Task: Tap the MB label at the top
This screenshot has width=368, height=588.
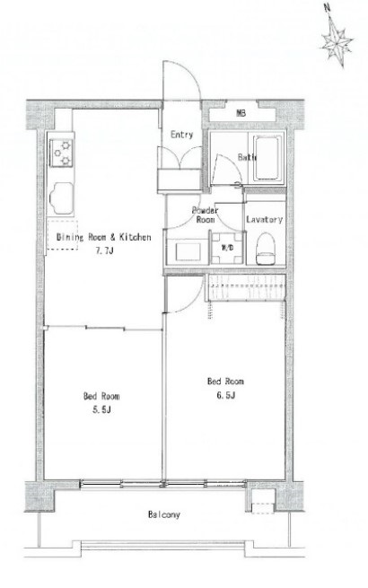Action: click(241, 113)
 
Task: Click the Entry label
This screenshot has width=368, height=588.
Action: click(181, 135)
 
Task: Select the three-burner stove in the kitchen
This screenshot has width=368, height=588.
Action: click(62, 153)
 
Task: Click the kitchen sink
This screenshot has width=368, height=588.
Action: click(61, 198)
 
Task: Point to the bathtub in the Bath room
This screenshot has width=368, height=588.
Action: click(267, 158)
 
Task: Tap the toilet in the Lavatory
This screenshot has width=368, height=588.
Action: click(265, 249)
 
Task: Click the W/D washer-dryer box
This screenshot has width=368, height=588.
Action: click(227, 248)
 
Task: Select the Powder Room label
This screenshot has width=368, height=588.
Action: click(206, 215)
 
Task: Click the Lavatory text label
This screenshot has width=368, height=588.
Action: click(265, 219)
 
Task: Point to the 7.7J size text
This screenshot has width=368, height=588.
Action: click(104, 251)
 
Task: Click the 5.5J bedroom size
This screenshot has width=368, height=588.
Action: click(101, 410)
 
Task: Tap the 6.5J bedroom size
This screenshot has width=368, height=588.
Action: click(226, 395)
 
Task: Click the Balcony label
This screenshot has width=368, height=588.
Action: click(164, 514)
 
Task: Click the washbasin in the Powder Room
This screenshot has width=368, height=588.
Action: click(188, 251)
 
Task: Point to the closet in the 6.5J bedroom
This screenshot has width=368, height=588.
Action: click(246, 288)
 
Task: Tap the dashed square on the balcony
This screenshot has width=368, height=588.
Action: click(263, 507)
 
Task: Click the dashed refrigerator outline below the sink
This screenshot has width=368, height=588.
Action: click(62, 235)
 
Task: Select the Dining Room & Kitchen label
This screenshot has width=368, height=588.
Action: click(104, 237)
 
